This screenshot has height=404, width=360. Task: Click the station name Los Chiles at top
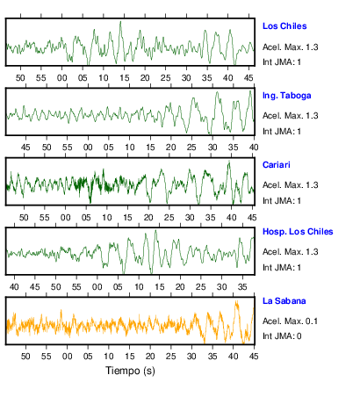[x=284, y=26]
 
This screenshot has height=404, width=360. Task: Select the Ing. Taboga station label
[x=286, y=96]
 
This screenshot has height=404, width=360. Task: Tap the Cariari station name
[x=277, y=165]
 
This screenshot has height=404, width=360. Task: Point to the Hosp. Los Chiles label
[x=298, y=232]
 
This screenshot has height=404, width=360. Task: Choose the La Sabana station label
[x=284, y=301]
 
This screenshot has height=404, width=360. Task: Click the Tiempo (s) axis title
[x=130, y=371]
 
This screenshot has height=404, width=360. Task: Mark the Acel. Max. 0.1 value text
[x=290, y=321]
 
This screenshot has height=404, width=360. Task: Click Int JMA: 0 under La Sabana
[x=282, y=336]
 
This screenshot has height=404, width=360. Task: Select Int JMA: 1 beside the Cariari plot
[x=282, y=201]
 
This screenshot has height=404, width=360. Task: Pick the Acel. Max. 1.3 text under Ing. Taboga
[x=290, y=116]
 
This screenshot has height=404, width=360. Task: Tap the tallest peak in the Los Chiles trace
[x=120, y=22]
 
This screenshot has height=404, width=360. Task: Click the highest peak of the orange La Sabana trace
[x=236, y=301]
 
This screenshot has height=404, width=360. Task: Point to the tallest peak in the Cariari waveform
[x=229, y=162]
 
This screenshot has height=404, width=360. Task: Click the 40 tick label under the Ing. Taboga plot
[x=254, y=147]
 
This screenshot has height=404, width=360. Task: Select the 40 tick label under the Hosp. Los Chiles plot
[x=14, y=286]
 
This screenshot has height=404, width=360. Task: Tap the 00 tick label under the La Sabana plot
[x=67, y=357]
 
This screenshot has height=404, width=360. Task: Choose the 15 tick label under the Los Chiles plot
[x=124, y=78]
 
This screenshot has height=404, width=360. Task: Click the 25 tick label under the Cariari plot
[x=169, y=218]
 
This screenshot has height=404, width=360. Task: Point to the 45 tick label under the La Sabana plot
[x=254, y=357]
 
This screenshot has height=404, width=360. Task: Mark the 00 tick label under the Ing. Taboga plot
[x=88, y=147]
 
